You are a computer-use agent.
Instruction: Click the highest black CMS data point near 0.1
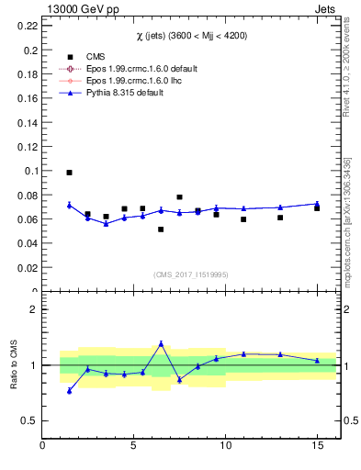pos(69,173)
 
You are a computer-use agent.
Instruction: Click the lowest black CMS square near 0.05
pos(161,229)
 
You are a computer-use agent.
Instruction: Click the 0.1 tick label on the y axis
pos(31,171)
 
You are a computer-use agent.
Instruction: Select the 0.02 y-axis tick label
pos(28,268)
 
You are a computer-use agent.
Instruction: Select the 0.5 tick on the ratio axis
pos(30,420)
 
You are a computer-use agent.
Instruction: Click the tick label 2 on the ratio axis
pos(34,309)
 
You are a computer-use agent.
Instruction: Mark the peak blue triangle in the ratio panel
pos(161,343)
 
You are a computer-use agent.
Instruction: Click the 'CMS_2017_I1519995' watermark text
pos(191,274)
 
